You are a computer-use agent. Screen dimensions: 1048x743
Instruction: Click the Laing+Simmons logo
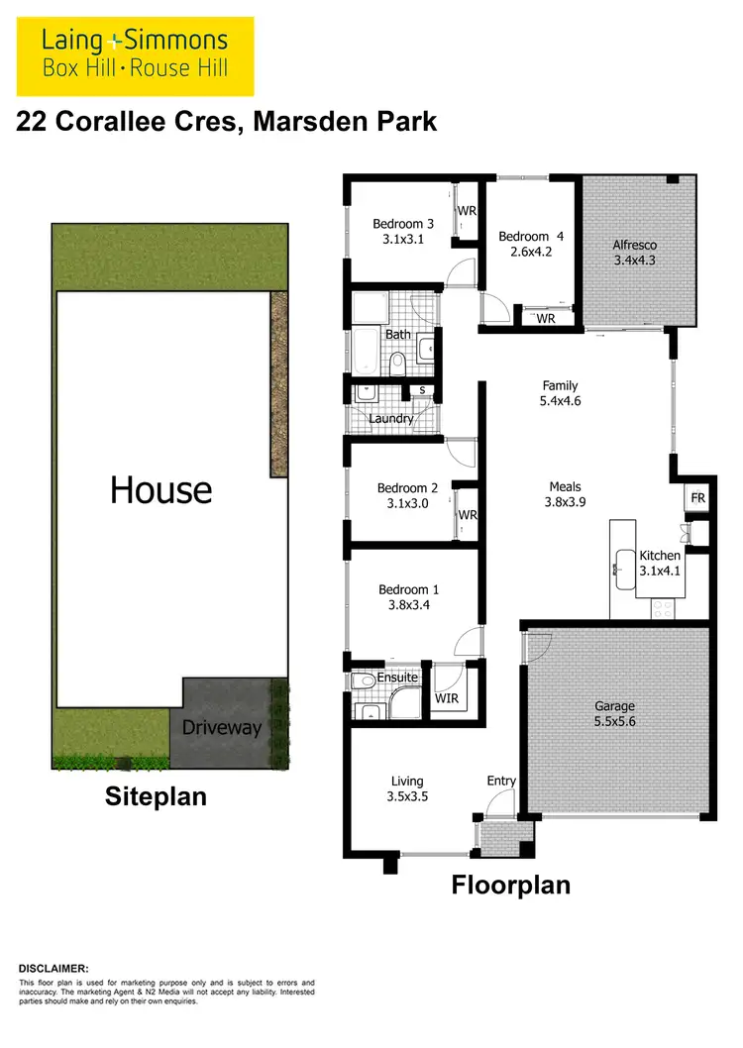tap(135, 53)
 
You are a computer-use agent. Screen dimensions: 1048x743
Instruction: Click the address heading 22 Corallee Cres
tap(227, 122)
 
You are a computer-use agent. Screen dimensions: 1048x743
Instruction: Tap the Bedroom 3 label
tap(403, 224)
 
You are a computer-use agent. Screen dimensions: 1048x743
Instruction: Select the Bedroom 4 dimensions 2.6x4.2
tap(530, 252)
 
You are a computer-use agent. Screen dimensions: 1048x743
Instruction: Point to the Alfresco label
tap(634, 245)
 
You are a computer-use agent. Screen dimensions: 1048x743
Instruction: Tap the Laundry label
tap(390, 419)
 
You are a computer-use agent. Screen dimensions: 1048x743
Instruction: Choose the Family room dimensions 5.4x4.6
tap(560, 402)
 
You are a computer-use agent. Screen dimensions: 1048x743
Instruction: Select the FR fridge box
tap(697, 498)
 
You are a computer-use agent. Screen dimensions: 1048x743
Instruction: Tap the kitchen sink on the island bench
tap(624, 569)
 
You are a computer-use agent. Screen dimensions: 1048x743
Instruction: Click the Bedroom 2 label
tap(407, 488)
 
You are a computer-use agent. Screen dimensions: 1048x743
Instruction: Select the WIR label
tap(447, 698)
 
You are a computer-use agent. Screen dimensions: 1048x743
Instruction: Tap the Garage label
tap(614, 706)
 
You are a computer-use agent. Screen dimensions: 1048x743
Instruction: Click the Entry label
tap(501, 782)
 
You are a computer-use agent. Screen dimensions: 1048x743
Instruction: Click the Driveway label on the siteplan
tap(222, 728)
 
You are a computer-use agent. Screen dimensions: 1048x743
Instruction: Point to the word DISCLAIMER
tap(53, 967)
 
